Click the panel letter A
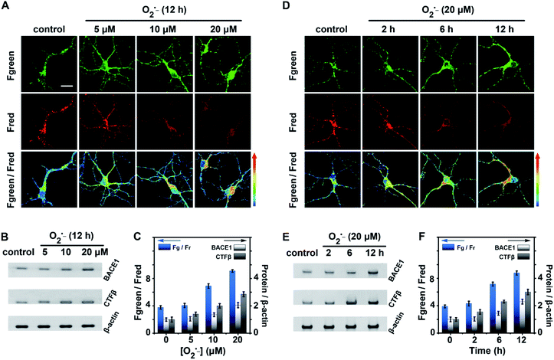point(7,7)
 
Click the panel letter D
point(286,7)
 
